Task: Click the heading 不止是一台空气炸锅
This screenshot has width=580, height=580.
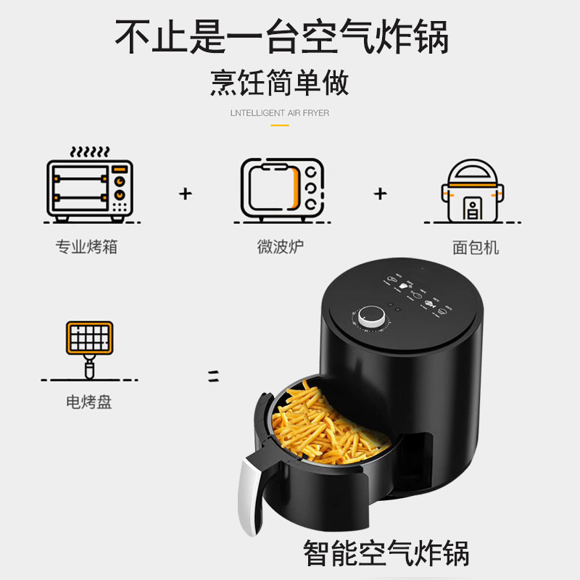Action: click(x=281, y=36)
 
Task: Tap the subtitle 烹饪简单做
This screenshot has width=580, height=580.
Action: click(x=280, y=83)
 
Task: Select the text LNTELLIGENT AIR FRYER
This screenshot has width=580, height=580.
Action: click(x=280, y=113)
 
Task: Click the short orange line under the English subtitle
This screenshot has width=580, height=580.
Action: click(x=280, y=125)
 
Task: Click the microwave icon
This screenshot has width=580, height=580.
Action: click(x=282, y=191)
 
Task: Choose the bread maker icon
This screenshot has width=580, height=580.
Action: click(x=473, y=191)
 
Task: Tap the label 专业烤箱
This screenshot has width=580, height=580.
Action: click(x=86, y=246)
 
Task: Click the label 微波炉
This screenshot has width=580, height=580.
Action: click(x=281, y=246)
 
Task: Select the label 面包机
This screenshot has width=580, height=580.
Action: click(x=476, y=247)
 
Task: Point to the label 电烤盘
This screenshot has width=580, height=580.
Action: click(x=88, y=402)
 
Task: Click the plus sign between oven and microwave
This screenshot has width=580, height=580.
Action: click(x=186, y=194)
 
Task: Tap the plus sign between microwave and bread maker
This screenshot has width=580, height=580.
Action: click(x=380, y=194)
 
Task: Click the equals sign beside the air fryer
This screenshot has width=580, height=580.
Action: click(x=213, y=376)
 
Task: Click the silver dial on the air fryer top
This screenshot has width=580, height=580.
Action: click(x=371, y=316)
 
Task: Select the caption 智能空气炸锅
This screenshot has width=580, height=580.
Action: click(x=386, y=553)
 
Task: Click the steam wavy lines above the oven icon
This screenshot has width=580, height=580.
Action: click(x=90, y=152)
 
